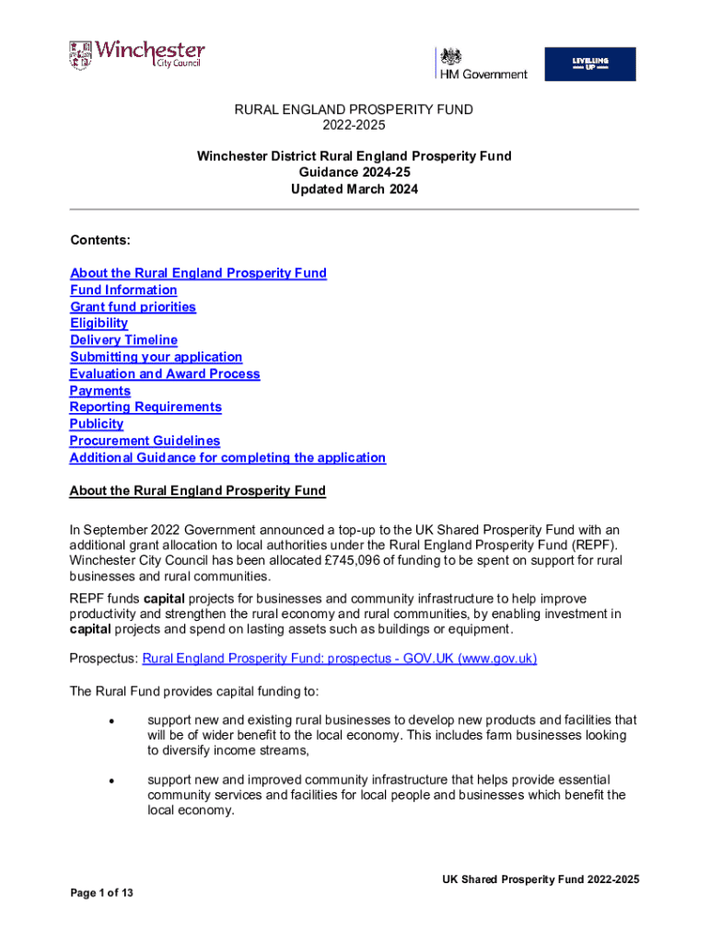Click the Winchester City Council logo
pos(136,54)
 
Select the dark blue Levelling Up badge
pos(589,63)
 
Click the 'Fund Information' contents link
pos(123,290)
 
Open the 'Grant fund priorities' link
pos(133,306)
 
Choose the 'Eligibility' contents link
pos(99,323)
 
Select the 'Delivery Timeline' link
pos(123,340)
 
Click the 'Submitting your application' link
pos(156,357)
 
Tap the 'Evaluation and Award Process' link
pos(165,373)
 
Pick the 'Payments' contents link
pos(99,391)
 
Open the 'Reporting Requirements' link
pos(145,407)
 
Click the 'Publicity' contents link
pos(96,424)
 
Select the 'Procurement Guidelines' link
pos(145,441)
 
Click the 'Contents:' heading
pos(100,240)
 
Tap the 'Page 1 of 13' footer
pos(101,893)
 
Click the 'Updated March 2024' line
pos(354,190)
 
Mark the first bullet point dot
pos(110,720)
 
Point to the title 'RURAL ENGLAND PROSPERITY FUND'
pos(354,109)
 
